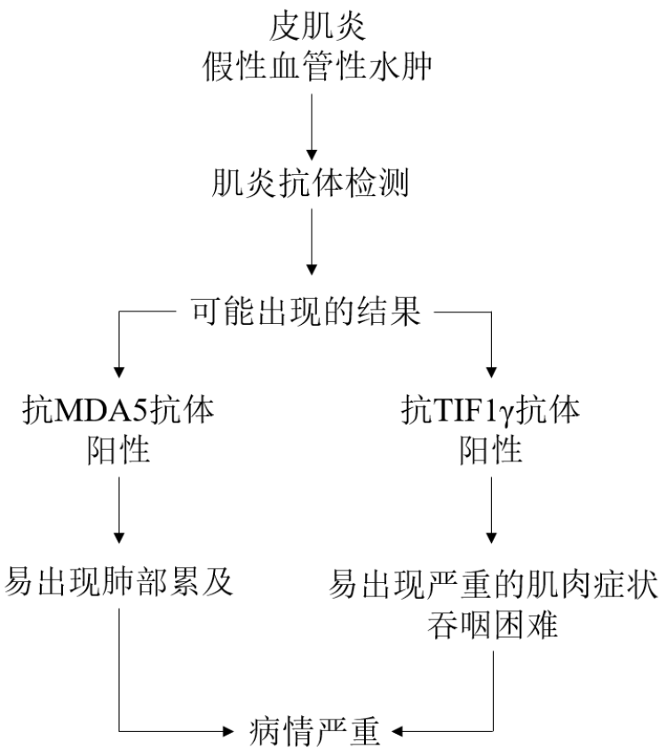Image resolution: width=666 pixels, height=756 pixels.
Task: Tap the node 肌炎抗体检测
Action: (x=311, y=189)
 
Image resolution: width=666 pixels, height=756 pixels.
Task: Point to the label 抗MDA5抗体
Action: (x=117, y=413)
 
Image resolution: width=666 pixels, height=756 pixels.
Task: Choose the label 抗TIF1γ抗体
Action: (x=490, y=413)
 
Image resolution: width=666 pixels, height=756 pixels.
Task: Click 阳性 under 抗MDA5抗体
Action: (x=117, y=453)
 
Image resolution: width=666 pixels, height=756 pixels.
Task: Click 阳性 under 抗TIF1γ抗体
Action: (x=490, y=453)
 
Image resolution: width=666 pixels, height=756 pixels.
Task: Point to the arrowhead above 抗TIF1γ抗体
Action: (x=490, y=371)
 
